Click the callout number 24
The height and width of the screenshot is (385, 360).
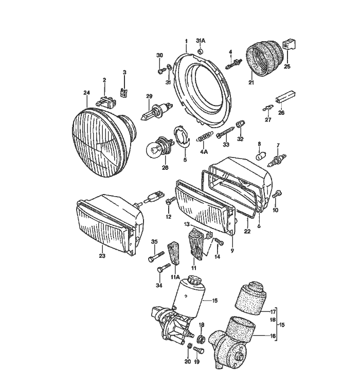[x=86, y=93]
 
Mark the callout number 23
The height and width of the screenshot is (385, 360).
[x=102, y=255]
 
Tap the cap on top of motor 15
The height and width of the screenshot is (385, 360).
[x=194, y=282]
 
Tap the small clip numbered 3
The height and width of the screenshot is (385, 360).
[x=123, y=93]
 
